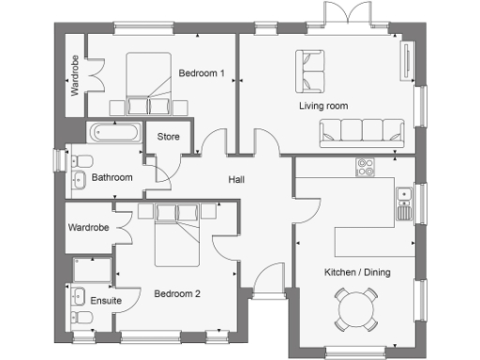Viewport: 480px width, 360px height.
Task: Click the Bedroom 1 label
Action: (202, 72)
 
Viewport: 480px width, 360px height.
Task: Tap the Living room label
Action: (323, 106)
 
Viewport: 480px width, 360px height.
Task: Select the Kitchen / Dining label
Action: (357, 273)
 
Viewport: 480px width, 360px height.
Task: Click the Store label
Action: (169, 136)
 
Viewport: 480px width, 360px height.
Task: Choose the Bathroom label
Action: (112, 177)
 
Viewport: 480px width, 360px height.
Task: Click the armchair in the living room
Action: (310, 66)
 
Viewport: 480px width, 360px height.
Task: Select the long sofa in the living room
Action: (366, 134)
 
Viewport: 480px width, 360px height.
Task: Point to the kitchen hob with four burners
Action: (366, 168)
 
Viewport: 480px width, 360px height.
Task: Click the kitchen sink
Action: (405, 199)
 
